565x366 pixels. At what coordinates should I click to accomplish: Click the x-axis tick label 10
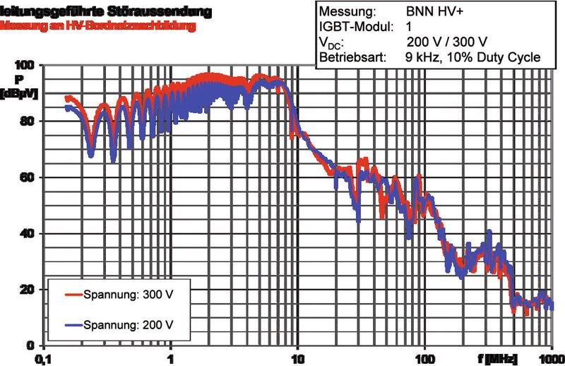(298, 358)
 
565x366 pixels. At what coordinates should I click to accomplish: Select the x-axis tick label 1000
(552, 358)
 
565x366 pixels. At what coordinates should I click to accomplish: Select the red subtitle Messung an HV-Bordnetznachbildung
(98, 26)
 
